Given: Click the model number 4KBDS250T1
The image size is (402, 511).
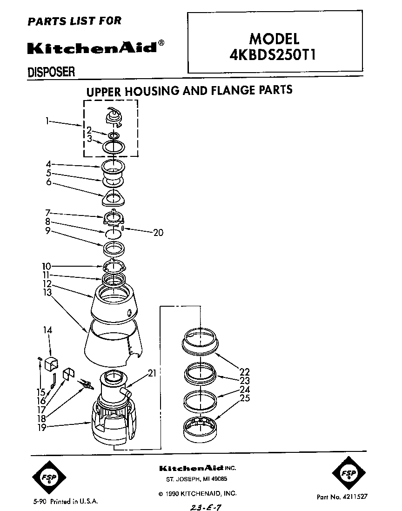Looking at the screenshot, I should tap(274, 55).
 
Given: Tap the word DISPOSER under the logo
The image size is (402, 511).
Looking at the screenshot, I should tap(51, 72).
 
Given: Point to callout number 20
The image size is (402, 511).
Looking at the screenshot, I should tap(158, 233).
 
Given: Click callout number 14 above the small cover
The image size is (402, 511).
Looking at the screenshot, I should tap(48, 330).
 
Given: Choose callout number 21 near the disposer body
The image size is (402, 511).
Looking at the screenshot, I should tap(153, 373).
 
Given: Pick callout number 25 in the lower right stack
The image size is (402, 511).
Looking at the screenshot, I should tap(245, 398).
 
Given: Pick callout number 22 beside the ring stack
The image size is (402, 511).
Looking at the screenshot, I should tap(245, 372).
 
